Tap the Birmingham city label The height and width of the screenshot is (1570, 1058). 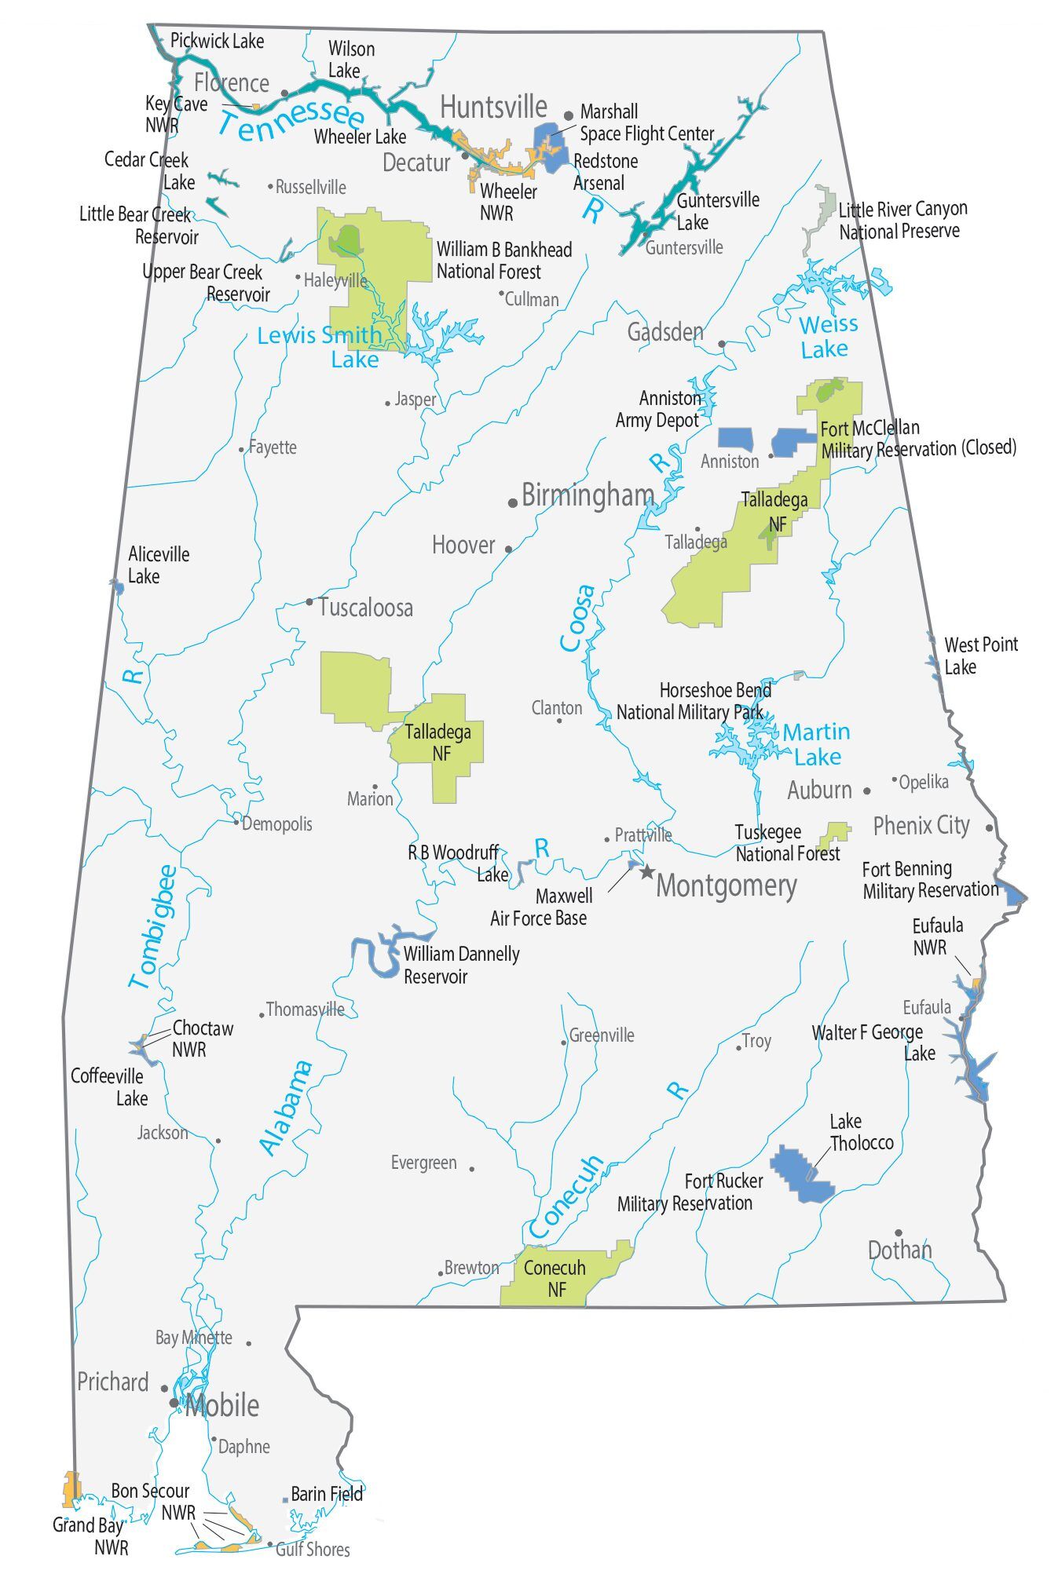coord(587,495)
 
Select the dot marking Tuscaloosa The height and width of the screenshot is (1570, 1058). coord(309,602)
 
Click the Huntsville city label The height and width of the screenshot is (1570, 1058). coord(493,107)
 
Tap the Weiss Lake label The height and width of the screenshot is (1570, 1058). coord(828,336)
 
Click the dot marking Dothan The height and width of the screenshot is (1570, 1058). coord(899,1232)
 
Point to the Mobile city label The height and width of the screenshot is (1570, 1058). coord(221,1405)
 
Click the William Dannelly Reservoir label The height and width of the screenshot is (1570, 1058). coord(461,965)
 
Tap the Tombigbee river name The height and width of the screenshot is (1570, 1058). coord(154,926)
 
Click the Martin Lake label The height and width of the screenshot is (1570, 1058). coord(817,743)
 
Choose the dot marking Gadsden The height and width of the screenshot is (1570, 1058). coord(722,344)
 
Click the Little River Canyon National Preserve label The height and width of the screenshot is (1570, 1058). coord(902,221)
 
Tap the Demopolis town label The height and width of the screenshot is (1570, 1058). coord(276,824)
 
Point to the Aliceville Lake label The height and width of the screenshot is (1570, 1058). coord(158,565)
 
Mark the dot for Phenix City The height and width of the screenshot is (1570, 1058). coord(989,827)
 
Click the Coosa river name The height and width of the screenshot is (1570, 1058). coord(577,618)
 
